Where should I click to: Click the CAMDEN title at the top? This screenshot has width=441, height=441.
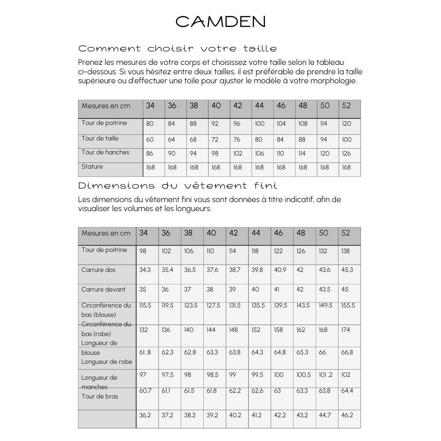pyautogui.click(x=220, y=22)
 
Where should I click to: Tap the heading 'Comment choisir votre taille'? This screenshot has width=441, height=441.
pyautogui.click(x=177, y=49)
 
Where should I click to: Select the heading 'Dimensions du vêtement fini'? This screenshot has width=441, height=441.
pyautogui.click(x=177, y=186)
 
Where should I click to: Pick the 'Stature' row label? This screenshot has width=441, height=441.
pyautogui.click(x=92, y=167)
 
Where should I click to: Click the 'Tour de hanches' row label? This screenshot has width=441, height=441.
pyautogui.click(x=105, y=152)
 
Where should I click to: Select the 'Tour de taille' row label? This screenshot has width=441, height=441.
pyautogui.click(x=100, y=138)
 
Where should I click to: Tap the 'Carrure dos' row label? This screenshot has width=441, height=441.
pyautogui.click(x=98, y=270)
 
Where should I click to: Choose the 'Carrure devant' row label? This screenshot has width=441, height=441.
pyautogui.click(x=103, y=290)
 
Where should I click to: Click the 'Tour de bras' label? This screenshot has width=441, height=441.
pyautogui.click(x=100, y=396)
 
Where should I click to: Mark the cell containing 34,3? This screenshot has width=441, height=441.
pyautogui.click(x=145, y=270)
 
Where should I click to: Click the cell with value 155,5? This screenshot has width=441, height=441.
pyautogui.click(x=348, y=305)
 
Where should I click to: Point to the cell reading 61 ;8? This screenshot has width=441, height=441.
pyautogui.click(x=145, y=352)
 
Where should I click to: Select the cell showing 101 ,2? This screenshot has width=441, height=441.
pyautogui.click(x=325, y=375)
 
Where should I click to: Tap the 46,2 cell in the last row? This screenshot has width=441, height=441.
pyautogui.click(x=347, y=415)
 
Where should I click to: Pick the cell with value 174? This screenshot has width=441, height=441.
pyautogui.click(x=345, y=330)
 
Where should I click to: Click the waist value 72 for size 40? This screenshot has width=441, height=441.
pyautogui.click(x=215, y=140)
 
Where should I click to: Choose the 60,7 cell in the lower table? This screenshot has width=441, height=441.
pyautogui.click(x=145, y=391)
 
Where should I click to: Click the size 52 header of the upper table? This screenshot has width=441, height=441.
pyautogui.click(x=346, y=106)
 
